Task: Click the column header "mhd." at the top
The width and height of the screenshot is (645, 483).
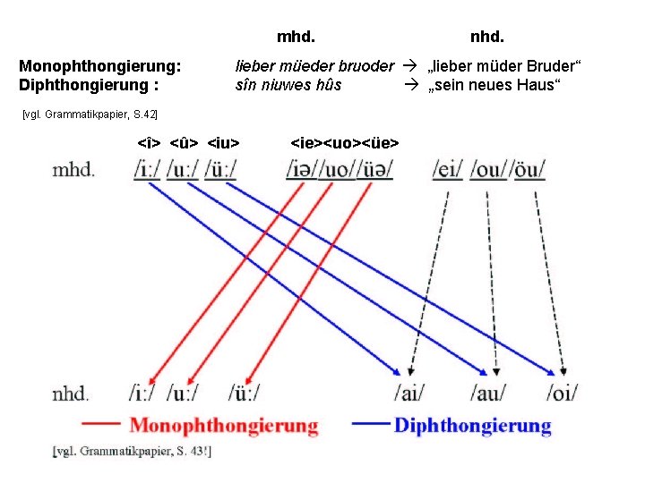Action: [296, 38]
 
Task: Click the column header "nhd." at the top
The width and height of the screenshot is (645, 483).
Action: [488, 38]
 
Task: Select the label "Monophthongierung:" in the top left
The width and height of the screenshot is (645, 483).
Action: [99, 66]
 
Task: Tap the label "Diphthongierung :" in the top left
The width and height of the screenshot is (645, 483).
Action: [88, 86]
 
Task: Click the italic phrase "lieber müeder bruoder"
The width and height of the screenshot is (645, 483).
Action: [314, 66]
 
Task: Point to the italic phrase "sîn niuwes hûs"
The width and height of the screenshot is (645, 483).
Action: [288, 86]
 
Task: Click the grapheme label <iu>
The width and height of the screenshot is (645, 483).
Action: [228, 142]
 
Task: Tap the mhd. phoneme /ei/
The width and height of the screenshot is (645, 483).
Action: [448, 169]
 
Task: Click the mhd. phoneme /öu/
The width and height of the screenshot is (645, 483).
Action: [529, 169]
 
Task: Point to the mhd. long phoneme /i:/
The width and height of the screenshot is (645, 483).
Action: [147, 169]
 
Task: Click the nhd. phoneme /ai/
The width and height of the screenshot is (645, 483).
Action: [409, 393]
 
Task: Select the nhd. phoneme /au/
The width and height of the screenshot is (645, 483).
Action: [488, 393]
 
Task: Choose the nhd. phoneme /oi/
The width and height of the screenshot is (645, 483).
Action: [562, 393]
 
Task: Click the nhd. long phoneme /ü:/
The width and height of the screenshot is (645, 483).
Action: [245, 393]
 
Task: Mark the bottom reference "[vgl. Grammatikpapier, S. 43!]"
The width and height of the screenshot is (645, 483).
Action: [132, 452]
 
